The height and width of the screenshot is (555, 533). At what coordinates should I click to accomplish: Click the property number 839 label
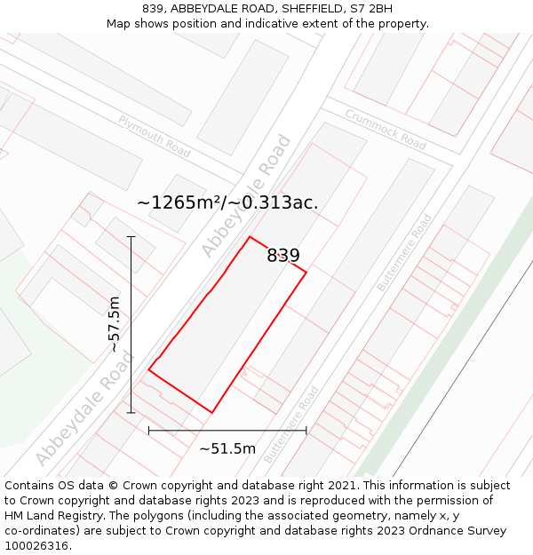[283, 256]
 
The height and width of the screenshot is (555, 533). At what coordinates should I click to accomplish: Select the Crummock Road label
[386, 129]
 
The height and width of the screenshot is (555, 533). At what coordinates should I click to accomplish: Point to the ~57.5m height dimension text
[114, 324]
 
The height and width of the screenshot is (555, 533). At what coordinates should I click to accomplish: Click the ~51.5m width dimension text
[227, 448]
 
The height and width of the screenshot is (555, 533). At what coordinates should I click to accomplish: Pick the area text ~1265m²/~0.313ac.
[227, 202]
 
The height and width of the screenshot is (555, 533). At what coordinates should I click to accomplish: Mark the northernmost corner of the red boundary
[250, 237]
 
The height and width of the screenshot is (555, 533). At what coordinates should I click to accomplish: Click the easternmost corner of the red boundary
[306, 272]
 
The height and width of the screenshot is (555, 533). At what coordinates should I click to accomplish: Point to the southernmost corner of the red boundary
[211, 413]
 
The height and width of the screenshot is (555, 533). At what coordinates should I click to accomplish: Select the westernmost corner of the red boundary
[148, 370]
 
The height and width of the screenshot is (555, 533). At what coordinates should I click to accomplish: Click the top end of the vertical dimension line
[131, 237]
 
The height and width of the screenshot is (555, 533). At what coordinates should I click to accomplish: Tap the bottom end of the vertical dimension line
[131, 413]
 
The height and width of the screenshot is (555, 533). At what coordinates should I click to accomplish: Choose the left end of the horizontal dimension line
[148, 431]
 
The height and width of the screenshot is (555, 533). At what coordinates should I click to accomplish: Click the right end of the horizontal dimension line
[306, 431]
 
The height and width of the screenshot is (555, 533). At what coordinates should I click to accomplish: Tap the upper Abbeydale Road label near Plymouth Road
[246, 196]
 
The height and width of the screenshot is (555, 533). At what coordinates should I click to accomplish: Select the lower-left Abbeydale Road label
[85, 408]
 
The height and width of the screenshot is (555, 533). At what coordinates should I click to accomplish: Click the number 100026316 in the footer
[36, 546]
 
